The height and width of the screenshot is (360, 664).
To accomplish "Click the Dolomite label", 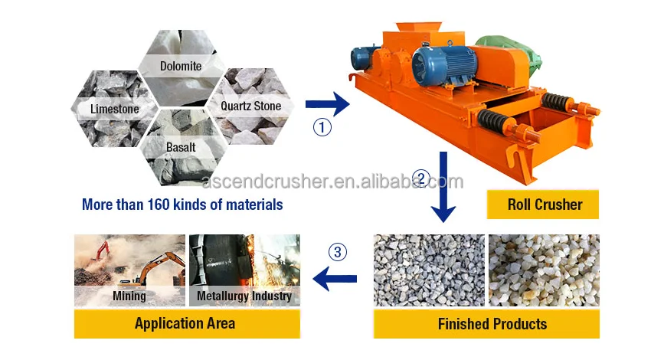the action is click(x=181, y=66).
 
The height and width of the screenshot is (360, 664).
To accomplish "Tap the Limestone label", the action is click(x=115, y=109).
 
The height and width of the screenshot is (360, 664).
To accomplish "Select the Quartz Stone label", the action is click(x=250, y=106).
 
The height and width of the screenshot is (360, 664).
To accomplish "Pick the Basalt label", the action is click(x=181, y=146).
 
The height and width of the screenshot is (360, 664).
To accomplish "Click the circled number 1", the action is click(x=322, y=127).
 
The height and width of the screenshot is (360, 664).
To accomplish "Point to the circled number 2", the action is click(x=420, y=179).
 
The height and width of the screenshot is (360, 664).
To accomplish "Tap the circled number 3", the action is click(x=338, y=251).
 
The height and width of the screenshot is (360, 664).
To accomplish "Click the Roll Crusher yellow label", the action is click(x=545, y=205).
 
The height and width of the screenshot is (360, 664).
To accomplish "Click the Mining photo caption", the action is click(x=129, y=296).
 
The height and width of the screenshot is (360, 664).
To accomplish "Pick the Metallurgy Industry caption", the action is click(x=244, y=296).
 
